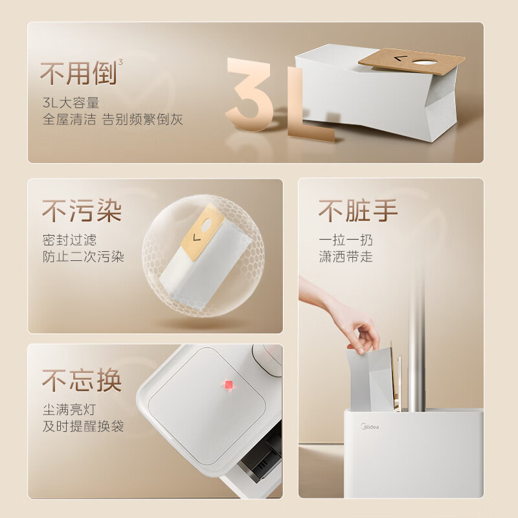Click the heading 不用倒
point(78,74)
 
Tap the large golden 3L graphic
point(278,97)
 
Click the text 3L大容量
point(71,103)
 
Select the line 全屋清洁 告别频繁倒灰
point(113,120)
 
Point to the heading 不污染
point(82,210)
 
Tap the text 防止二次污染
point(83,256)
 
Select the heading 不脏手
point(357,210)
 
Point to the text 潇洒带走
point(346,256)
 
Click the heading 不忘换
point(82,380)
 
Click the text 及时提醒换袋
point(83,426)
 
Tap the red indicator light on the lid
point(227,387)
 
